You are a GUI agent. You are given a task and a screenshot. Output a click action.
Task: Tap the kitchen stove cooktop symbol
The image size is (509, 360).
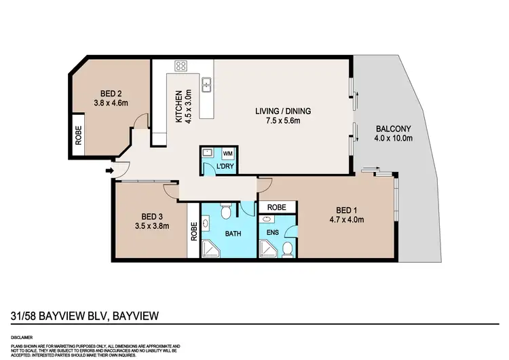(x=181, y=66)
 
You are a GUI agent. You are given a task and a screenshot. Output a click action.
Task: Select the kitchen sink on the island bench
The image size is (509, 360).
(x=210, y=85)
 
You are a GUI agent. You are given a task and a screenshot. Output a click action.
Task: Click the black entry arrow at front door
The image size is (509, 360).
(x=110, y=170)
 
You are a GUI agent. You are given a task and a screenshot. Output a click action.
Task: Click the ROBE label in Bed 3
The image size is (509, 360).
(x=193, y=234)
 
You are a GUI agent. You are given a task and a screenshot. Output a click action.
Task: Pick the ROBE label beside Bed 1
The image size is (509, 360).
(x=276, y=206)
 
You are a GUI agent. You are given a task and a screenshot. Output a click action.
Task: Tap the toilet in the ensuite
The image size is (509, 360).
(x=288, y=249)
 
